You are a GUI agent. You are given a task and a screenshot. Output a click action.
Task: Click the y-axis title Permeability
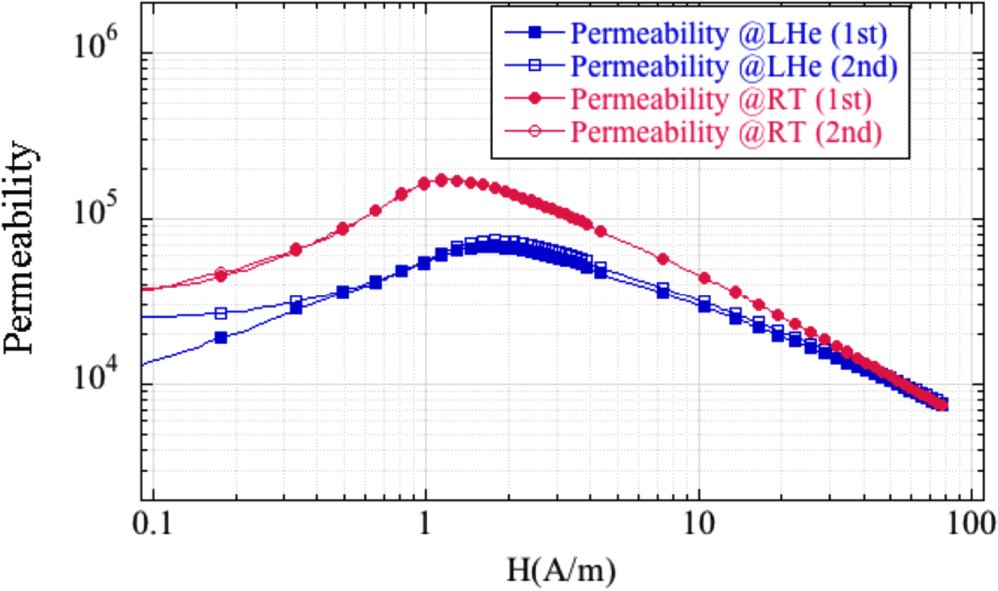[27, 243]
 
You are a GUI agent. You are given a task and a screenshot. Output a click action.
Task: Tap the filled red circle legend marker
[534, 100]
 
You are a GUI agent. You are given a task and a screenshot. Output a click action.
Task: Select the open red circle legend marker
[534, 133]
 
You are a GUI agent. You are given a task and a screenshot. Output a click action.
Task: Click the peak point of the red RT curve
[441, 180]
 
